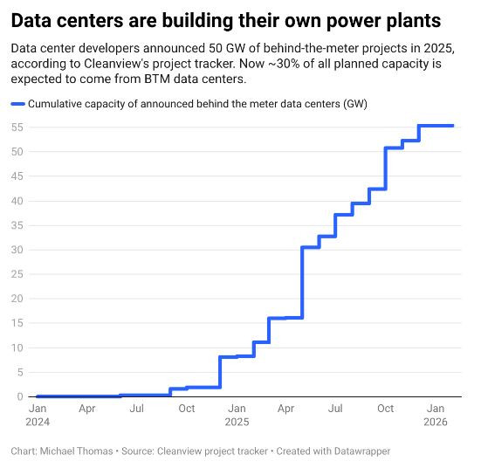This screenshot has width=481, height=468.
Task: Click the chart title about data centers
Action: coord(225,18)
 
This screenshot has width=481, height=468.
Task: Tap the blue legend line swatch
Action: coord(17,104)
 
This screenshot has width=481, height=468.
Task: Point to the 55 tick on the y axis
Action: coord(17,127)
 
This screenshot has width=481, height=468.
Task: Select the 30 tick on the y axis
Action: coord(17,250)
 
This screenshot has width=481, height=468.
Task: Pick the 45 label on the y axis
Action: coord(17,176)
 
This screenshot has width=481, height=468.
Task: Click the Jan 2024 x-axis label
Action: coord(38,415)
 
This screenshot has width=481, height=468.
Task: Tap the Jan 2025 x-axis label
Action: coord(236,415)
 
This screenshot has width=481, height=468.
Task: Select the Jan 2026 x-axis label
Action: coord(435,415)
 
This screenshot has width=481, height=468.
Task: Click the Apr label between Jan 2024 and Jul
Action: coord(86,408)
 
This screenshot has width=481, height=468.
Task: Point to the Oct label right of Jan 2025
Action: coord(385,408)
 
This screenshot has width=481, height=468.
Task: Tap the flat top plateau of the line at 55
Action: coord(436,126)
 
